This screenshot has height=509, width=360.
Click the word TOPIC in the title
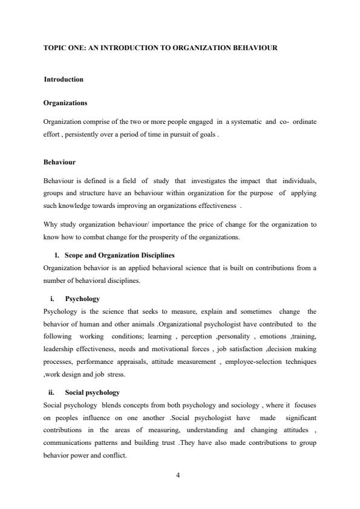tap(53, 47)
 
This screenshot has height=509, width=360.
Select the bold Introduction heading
tap(64, 79)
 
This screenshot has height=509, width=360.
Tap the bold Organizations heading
tap(65, 103)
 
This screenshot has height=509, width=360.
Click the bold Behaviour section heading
tap(59, 162)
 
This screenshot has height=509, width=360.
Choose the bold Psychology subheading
tap(82, 299)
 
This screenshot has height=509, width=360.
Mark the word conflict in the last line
tap(113, 455)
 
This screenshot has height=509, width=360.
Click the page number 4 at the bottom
tap(178, 474)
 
